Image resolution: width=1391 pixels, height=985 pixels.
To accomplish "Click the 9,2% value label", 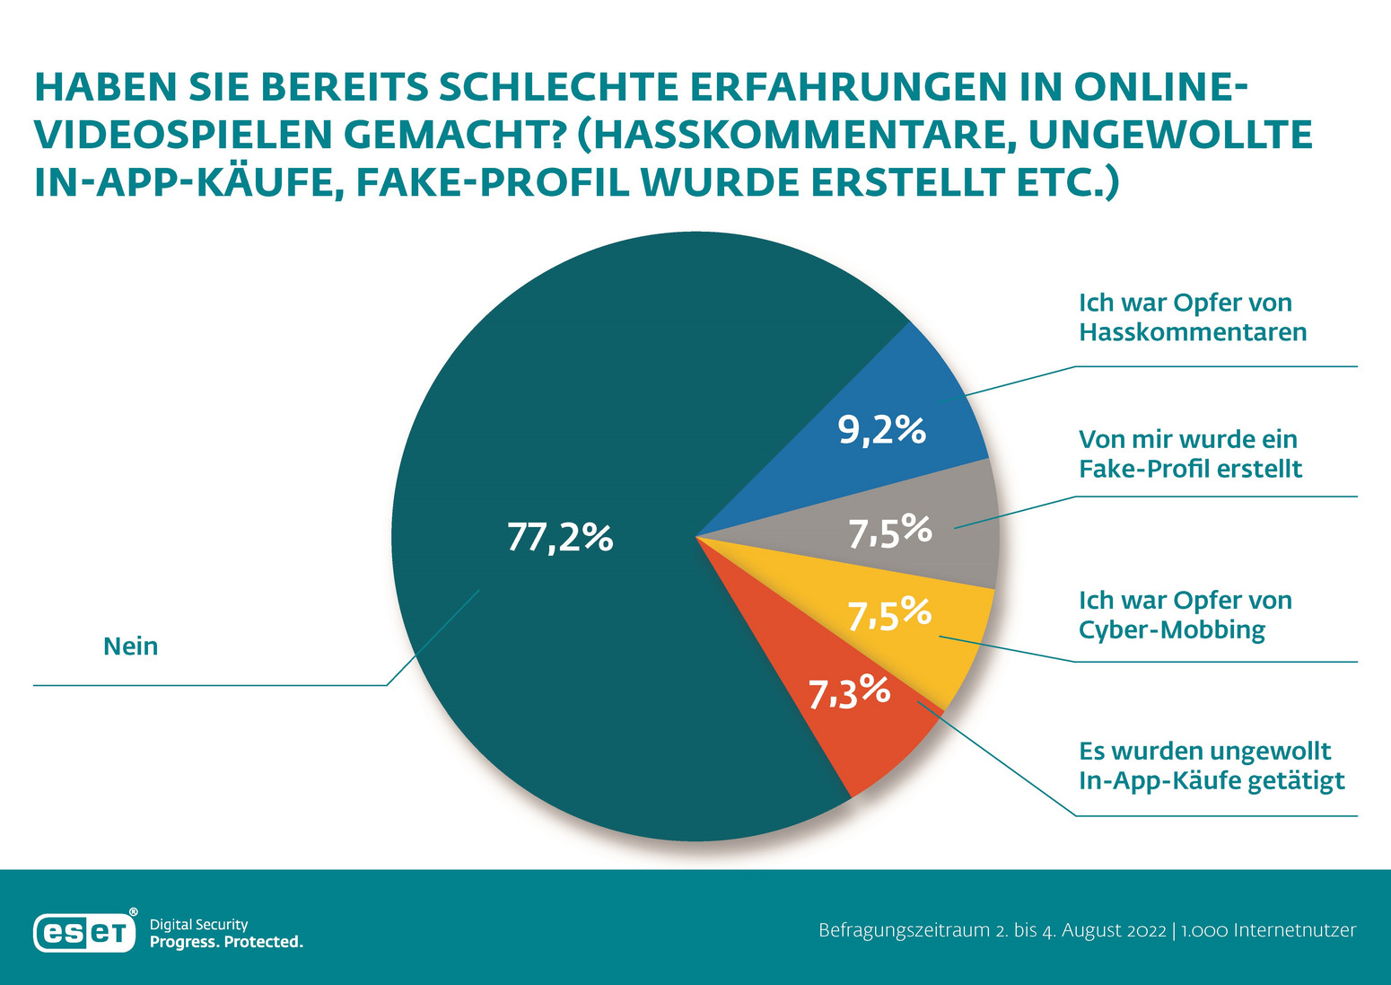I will pos(882,431).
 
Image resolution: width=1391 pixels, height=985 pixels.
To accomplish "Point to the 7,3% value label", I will pos(849,692).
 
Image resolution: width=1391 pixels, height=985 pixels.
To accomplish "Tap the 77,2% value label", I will pos(560,537).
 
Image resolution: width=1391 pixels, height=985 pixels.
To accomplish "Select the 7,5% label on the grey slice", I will pos(890,532).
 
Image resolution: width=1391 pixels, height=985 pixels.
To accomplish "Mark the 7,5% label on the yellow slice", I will pos(889,615).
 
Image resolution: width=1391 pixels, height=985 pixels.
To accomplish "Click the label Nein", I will pos(131,646).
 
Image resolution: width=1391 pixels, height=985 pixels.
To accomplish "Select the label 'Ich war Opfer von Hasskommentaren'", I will pos(1192,318).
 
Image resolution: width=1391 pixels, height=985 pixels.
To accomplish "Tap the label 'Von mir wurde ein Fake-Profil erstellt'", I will pos(1190,454).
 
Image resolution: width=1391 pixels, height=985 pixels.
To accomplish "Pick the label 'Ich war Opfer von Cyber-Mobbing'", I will pos(1185,615).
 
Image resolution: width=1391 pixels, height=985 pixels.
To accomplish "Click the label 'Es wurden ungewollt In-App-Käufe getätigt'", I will pos(1212,766).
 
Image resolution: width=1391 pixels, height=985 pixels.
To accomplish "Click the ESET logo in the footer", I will pos(84,933).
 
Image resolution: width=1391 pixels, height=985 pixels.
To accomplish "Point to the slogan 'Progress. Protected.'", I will pos(226,942).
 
